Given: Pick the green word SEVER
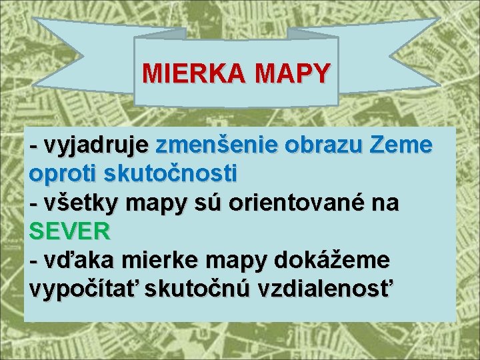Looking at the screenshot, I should coord(69,231).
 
